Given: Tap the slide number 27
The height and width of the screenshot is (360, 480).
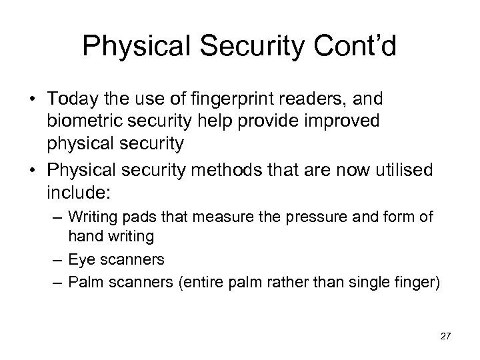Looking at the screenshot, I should click(x=446, y=337).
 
